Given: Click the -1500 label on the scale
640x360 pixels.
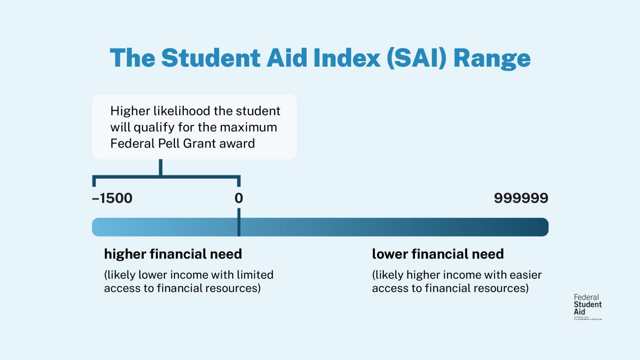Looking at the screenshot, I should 112,198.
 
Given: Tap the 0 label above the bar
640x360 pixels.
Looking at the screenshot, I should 239,198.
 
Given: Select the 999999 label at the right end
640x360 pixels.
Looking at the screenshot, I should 521,198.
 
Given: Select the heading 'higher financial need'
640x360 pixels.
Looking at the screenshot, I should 173,254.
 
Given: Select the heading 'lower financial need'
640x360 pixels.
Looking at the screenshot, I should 438,254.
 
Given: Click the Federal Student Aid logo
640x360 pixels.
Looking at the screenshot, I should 587,307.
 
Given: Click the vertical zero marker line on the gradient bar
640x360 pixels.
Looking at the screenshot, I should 239,223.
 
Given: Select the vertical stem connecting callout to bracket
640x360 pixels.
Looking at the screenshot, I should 160,167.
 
